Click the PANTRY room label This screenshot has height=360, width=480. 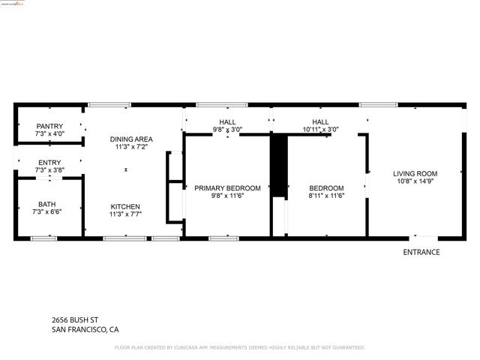pos(50,126)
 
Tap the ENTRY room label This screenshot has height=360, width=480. pos(50,163)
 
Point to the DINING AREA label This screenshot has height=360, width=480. pos(131,139)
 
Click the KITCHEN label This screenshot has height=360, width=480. pos(125,207)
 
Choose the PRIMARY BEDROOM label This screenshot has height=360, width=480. pos(227,188)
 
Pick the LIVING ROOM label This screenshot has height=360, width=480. pos(415,173)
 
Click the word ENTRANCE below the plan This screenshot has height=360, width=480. pos(421,253)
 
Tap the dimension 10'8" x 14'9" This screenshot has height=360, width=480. pos(415,181)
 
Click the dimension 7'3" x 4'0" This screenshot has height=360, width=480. pos(50,133)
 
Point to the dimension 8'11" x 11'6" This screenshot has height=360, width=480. pos(327,196)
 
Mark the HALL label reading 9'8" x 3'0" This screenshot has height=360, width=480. pos(227,129)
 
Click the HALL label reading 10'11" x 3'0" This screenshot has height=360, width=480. pos(320,129)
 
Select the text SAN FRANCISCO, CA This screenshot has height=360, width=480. pos(85,329)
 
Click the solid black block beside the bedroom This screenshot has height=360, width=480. pos(278,165)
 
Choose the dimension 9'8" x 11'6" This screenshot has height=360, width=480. pos(227,196)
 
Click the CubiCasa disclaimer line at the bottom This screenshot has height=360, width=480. pos(239,348)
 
